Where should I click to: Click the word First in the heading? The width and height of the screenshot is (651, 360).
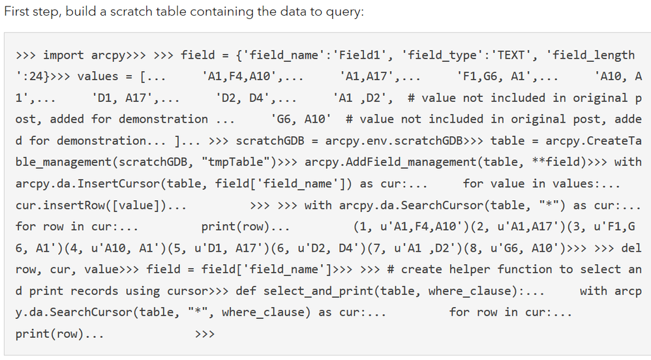point(16,11)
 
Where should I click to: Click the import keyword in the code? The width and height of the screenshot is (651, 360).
point(63,55)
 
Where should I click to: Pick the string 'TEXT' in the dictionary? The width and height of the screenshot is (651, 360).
point(511,55)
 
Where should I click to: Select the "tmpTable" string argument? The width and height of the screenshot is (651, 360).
point(235,162)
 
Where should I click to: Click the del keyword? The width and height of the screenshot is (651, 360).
point(631,248)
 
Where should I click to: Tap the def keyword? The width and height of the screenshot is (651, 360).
point(246,291)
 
